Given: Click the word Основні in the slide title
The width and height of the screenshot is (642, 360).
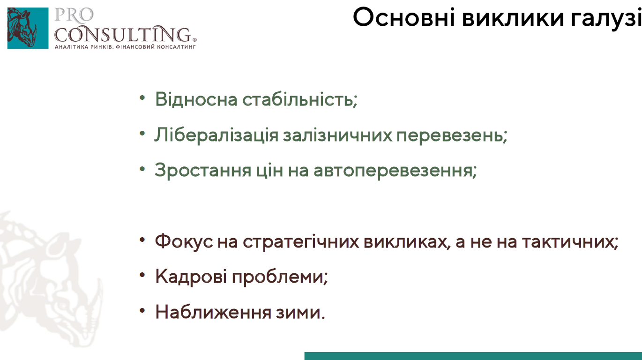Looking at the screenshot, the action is [x=404, y=17].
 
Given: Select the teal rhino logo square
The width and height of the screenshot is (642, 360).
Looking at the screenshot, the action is [x=28, y=28].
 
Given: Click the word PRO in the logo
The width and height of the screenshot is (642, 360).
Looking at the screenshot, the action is [x=74, y=15].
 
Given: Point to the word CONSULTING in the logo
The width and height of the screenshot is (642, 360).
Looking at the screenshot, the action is [x=124, y=34].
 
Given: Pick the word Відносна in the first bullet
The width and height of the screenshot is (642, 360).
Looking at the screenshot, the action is [x=196, y=99].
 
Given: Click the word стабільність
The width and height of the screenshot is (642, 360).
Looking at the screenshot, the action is [x=300, y=99].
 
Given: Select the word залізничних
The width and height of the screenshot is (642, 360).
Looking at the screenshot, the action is [x=337, y=135].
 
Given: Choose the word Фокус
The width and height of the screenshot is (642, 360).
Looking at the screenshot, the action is [x=184, y=241].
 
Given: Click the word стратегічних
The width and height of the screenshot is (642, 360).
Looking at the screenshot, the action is [x=301, y=241].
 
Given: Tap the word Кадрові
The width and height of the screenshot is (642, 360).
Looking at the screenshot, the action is [x=191, y=277].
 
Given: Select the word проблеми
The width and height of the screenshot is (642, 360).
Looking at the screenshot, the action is [x=279, y=277].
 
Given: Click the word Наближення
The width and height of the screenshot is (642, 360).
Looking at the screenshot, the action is [x=213, y=312].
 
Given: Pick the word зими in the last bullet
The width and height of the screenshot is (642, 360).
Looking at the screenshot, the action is [x=300, y=313].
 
